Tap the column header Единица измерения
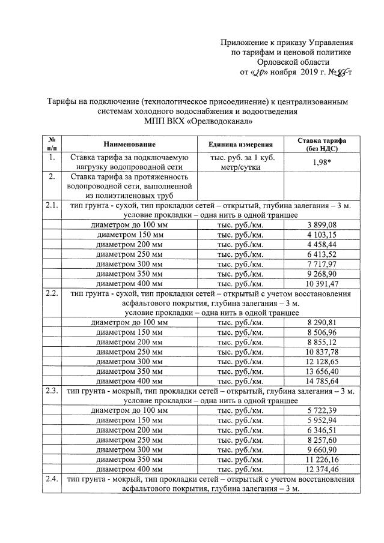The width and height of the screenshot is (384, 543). (240, 145)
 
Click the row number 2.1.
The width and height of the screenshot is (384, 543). (52, 206)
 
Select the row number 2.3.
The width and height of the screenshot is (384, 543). (52, 392)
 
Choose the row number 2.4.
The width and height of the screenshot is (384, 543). (52, 479)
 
